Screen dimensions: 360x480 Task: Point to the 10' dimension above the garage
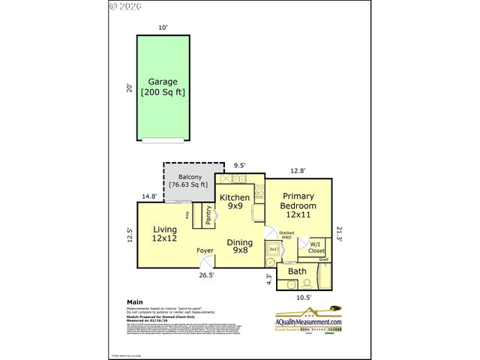coord(163,28)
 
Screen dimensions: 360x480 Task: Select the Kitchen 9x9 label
coord(234,202)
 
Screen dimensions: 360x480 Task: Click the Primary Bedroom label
coord(298,205)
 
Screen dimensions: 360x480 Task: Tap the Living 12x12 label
coord(164,233)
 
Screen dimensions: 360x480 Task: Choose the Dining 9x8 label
coord(240,246)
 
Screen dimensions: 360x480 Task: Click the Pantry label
coord(208,215)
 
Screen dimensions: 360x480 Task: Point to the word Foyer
coord(205,250)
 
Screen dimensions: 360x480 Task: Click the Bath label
coord(297,271)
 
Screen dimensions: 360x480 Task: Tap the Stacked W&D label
coord(285,235)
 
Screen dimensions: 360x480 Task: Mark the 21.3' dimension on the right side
coord(339,233)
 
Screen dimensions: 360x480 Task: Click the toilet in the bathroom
coord(307,283)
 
